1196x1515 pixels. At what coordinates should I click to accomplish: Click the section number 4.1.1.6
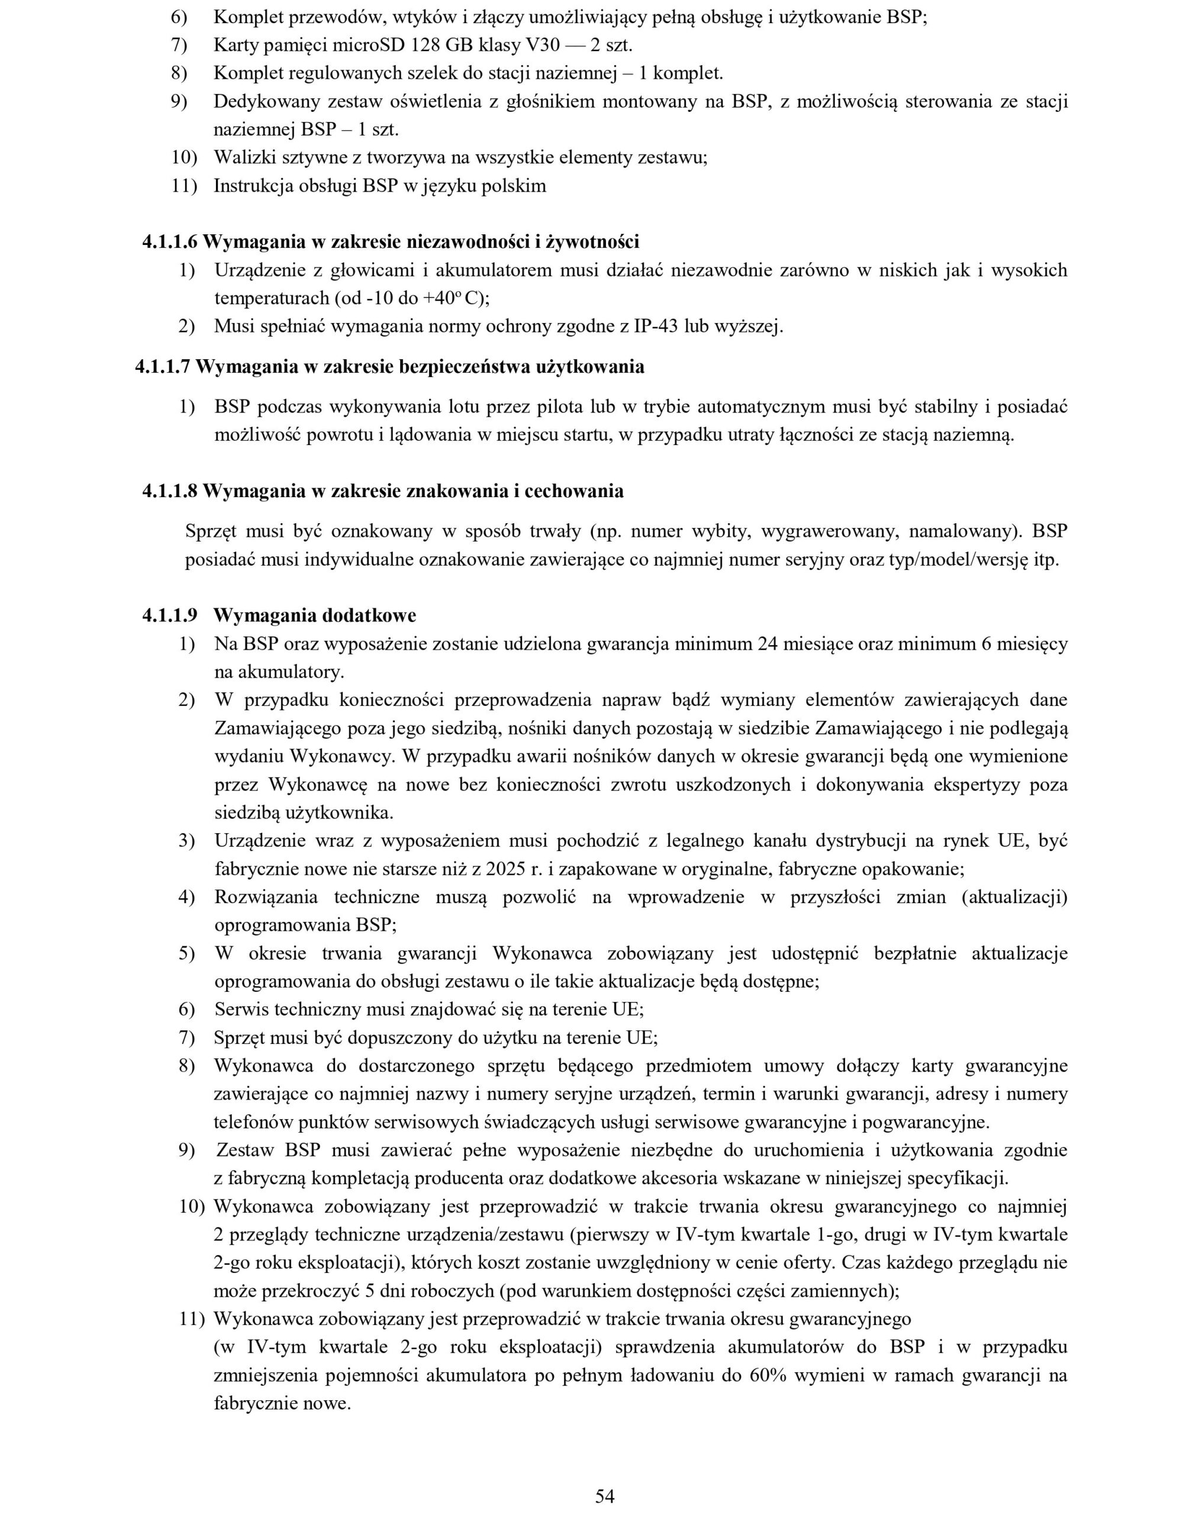170,242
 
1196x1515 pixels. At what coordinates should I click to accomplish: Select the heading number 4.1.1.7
163,367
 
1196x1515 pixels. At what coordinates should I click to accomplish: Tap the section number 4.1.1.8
170,491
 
